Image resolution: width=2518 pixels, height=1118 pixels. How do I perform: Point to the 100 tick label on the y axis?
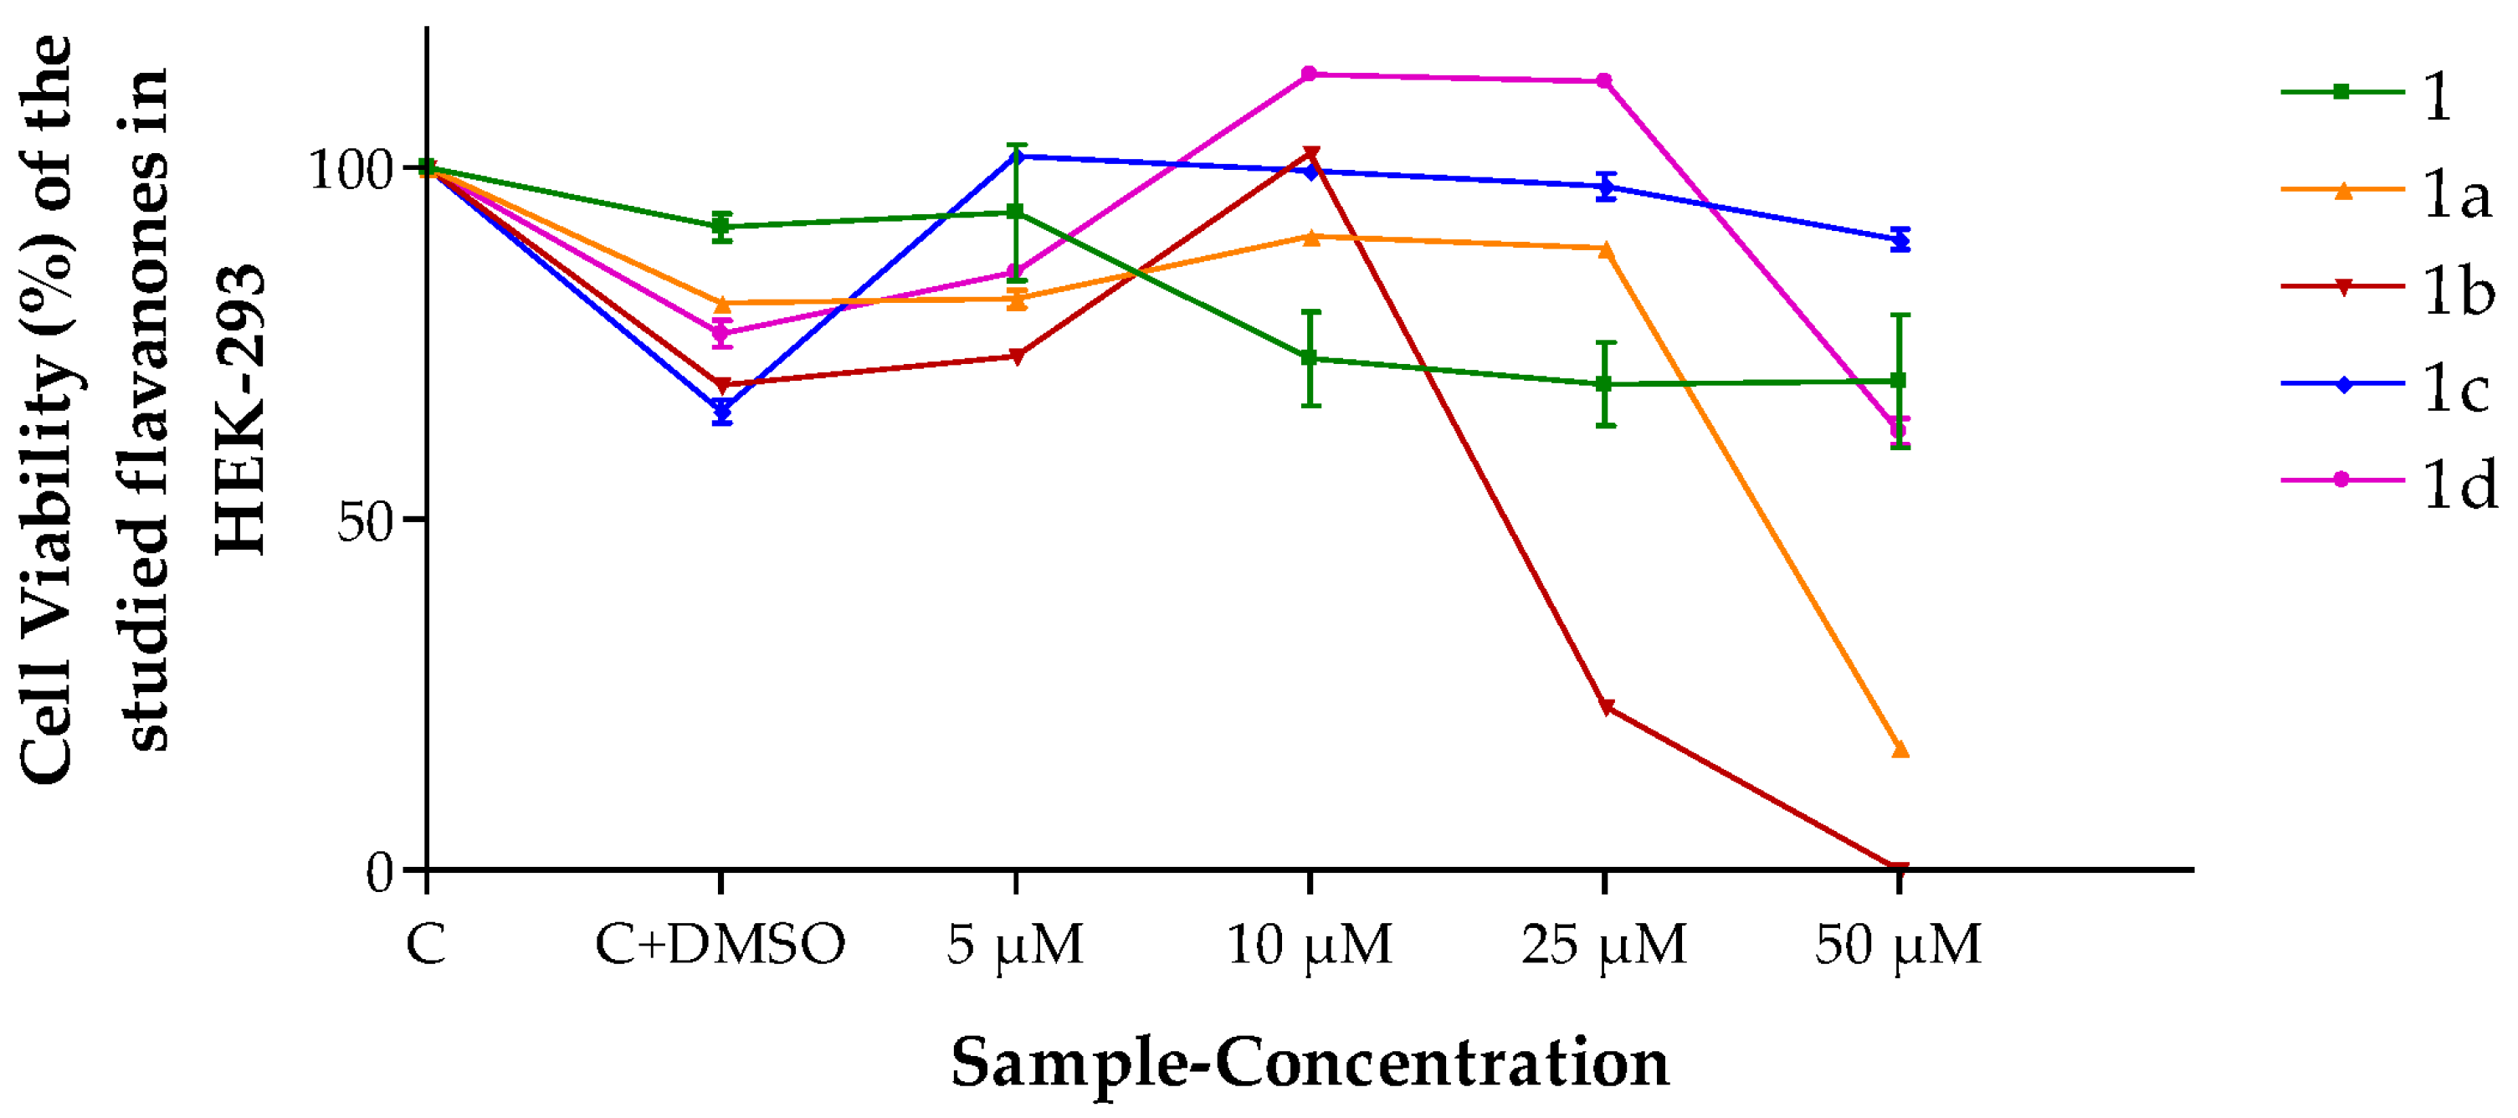350,169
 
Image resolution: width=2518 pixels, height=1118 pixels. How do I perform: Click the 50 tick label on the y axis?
365,521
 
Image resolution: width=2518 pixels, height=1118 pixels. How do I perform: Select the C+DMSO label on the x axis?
720,945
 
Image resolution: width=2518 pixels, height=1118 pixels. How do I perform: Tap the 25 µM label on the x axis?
1603,945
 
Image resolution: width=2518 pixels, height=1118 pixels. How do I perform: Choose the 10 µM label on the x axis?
1308,945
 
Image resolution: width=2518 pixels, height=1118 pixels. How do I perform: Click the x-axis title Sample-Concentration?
1310,1062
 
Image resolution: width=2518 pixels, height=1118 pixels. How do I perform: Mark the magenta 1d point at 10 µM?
1310,74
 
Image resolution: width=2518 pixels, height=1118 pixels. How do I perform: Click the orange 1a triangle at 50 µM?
1900,750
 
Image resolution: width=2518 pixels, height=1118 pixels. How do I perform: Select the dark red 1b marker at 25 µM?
1605,706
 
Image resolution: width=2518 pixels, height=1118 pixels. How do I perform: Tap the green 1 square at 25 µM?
1604,384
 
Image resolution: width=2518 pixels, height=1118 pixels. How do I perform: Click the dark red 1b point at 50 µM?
1898,868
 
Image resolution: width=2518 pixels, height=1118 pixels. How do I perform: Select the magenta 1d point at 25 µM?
1604,81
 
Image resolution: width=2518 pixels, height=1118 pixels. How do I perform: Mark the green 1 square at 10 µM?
1310,357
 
